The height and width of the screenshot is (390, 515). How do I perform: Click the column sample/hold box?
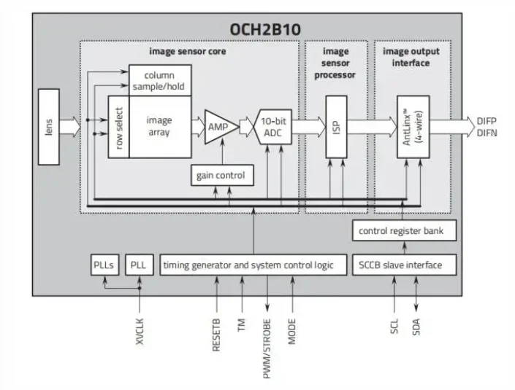click(x=160, y=80)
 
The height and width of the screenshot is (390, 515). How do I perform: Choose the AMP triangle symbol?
click(x=217, y=126)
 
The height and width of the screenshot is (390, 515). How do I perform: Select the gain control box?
click(x=221, y=175)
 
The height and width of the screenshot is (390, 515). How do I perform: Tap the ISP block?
click(x=336, y=125)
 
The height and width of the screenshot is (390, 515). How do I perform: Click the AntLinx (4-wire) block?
click(x=413, y=125)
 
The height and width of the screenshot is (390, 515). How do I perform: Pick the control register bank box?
click(x=406, y=231)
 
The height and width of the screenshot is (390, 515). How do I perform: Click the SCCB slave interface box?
click(x=406, y=264)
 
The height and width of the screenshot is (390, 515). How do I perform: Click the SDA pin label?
click(x=416, y=324)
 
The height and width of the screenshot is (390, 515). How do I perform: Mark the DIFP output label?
click(x=487, y=120)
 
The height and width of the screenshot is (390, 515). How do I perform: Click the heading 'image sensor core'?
click(x=188, y=51)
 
